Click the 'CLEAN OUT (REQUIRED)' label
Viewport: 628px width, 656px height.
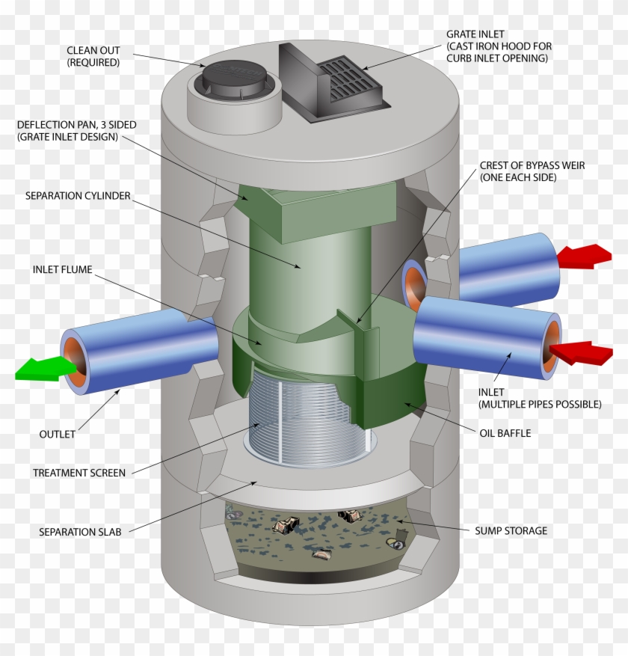93,57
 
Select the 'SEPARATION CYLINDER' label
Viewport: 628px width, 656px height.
78,196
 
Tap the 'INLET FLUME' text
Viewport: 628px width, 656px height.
63,269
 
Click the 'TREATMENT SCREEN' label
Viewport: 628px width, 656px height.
79,473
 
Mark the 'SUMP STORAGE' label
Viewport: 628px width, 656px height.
511,531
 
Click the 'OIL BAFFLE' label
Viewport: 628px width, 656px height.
505,432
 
